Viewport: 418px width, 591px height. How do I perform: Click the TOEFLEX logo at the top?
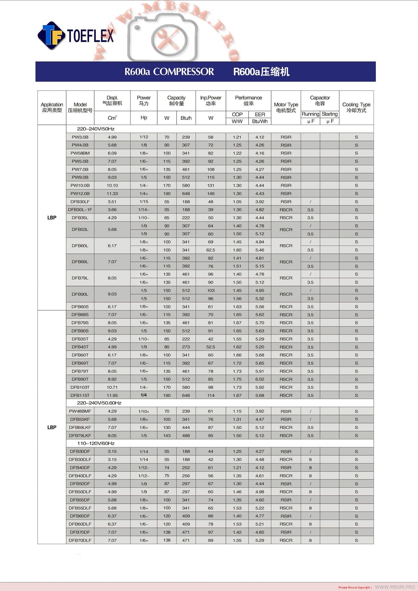[x=76, y=36]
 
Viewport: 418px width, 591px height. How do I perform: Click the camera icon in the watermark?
[x=162, y=37]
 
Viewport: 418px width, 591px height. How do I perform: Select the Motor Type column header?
[x=286, y=108]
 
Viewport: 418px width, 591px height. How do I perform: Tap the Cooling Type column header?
[x=356, y=108]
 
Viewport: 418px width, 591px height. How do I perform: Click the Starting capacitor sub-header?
[x=330, y=114]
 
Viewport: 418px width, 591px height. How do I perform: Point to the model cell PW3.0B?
[x=80, y=137]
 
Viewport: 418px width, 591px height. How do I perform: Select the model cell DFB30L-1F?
[x=80, y=210]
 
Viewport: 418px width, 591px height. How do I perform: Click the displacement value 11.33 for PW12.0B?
[x=112, y=193]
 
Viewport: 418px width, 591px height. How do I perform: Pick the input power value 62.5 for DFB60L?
[x=211, y=250]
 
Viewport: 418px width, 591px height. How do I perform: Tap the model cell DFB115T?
[x=80, y=395]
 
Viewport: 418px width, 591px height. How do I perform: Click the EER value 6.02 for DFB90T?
[x=260, y=379]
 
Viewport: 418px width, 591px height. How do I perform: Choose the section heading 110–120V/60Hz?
[x=96, y=443]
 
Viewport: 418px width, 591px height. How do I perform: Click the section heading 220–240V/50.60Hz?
[x=99, y=403]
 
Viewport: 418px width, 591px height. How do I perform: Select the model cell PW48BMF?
[x=80, y=411]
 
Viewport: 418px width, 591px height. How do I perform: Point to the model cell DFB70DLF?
[x=80, y=540]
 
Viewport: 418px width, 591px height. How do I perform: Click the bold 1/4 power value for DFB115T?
[x=144, y=395]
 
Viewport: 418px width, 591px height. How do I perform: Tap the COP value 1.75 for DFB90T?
[x=237, y=379]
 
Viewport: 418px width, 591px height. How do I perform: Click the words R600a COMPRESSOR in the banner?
[x=169, y=72]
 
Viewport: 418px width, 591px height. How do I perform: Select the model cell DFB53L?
[x=80, y=230]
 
